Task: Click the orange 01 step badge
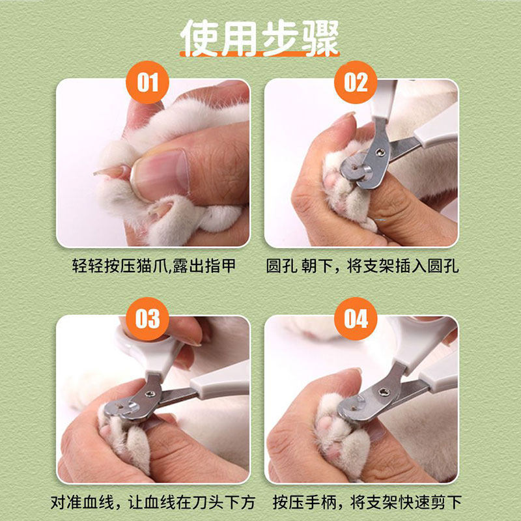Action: tap(147, 82)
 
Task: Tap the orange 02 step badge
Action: tap(356, 82)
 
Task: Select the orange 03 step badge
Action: tap(147, 318)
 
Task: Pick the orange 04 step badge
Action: tap(356, 318)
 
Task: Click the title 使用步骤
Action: tap(259, 38)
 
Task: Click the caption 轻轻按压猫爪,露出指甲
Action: tap(154, 266)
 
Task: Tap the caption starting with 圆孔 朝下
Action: tap(362, 266)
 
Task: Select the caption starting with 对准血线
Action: tap(152, 502)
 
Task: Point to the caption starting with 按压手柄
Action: tap(367, 502)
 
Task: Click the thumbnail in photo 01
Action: tap(160, 174)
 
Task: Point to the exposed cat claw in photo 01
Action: tap(109, 172)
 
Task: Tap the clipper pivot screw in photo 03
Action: tap(149, 394)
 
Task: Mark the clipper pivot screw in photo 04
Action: tap(385, 392)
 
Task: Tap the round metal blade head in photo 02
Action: tap(354, 167)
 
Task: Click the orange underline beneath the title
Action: tap(259, 54)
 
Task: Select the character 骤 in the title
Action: tap(320, 38)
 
